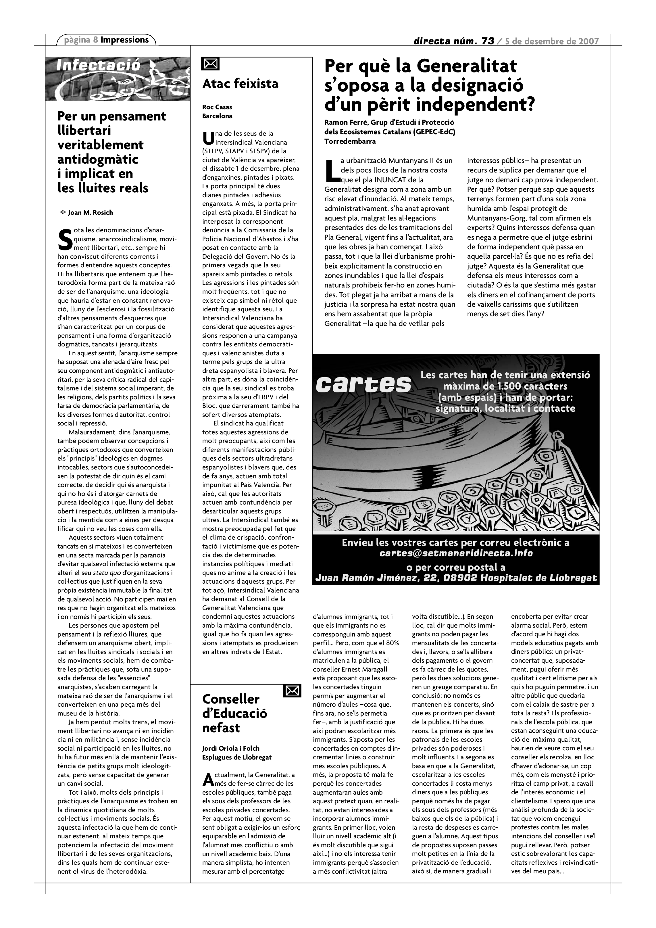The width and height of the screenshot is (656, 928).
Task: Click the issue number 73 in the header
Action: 488,41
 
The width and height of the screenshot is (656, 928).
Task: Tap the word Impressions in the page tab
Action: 124,40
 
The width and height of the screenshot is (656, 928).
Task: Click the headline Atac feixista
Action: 240,84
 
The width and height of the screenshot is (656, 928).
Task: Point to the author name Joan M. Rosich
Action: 91,213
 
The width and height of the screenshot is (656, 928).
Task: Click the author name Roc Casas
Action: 217,107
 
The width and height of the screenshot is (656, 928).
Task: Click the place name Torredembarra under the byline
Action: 350,141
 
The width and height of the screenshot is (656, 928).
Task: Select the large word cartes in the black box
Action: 363,384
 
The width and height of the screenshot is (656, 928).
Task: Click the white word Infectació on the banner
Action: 98,66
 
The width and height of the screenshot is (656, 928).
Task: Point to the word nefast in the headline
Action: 221,728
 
